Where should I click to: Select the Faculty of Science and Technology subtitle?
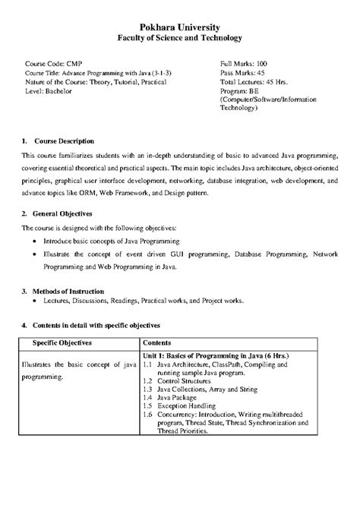point(180,37)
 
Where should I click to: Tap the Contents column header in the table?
point(156,342)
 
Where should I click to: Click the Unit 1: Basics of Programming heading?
point(217,355)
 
